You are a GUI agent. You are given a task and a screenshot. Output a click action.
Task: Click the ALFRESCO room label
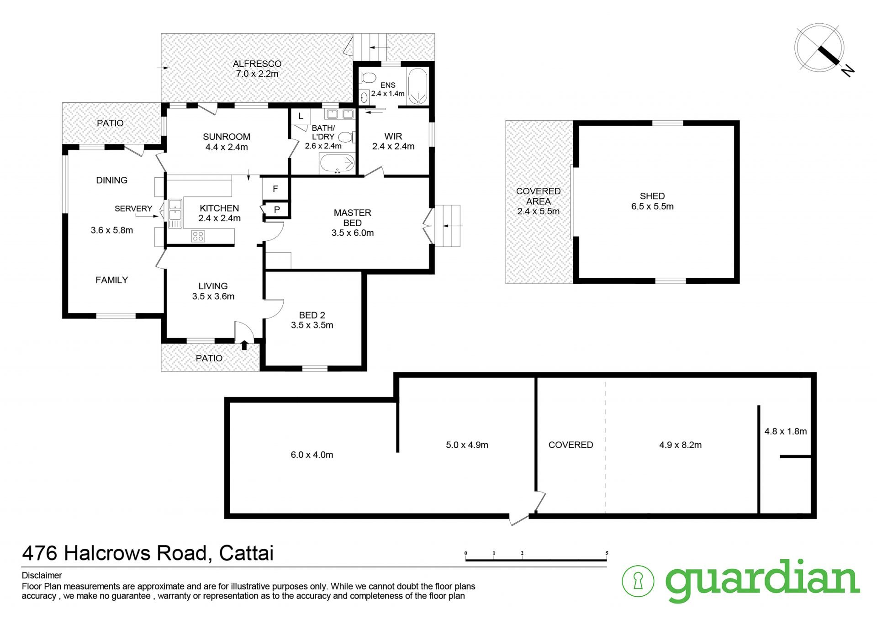point(257,64)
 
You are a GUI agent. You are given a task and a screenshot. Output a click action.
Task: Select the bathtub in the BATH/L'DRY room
point(338,163)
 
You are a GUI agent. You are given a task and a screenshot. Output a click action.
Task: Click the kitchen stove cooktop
point(198,236)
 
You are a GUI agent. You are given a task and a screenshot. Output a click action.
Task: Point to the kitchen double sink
point(175,213)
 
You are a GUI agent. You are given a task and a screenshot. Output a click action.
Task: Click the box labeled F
point(275,188)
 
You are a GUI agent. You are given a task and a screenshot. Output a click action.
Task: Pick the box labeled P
point(277,210)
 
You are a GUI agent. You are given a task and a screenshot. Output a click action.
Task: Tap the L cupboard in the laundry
point(301,116)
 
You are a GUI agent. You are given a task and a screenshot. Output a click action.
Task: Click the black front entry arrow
point(244,345)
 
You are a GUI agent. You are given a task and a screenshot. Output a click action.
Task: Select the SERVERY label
point(133,208)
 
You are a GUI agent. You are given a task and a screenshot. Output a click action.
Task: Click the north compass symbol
point(819,48)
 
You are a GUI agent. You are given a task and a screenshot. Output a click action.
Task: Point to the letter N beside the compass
point(848,70)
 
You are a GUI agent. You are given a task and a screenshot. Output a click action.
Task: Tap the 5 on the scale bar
point(607,553)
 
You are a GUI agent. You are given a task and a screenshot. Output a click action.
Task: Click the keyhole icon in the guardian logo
point(638,581)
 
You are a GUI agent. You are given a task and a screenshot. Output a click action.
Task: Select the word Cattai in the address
point(246,553)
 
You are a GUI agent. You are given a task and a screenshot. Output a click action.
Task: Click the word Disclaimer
point(42,575)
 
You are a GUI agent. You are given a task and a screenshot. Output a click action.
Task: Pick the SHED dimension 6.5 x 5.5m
point(652,207)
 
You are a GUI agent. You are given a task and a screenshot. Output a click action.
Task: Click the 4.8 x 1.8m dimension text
point(786,431)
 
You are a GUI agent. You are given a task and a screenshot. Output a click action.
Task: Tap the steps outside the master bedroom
point(447,226)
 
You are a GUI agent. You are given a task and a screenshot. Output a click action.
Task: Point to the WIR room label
point(393,136)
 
